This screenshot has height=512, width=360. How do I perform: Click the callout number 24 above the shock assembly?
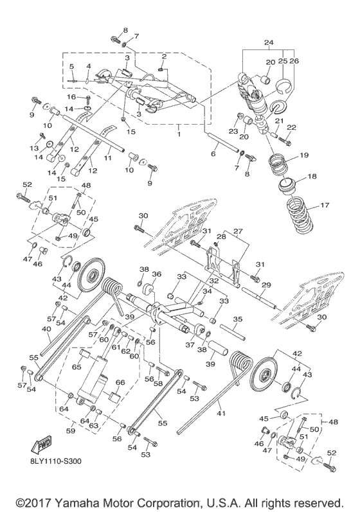(x=269, y=43)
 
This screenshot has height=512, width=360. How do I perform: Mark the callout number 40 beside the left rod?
(x=45, y=330)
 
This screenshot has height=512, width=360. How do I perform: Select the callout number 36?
(x=156, y=274)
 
